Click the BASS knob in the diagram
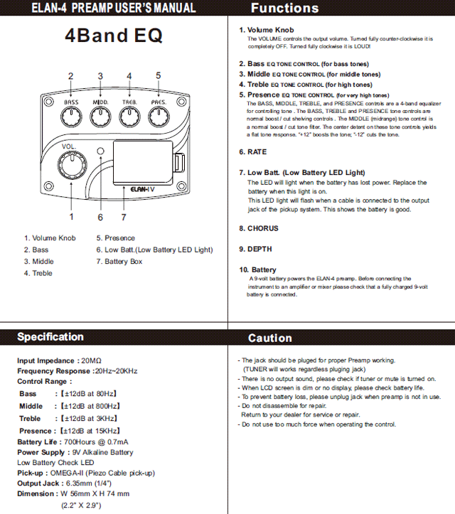pos(71,117)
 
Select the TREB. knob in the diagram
pos(129,117)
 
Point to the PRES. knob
pos(159,117)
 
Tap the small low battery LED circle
pos(101,153)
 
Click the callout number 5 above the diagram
pos(158,75)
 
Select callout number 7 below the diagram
pos(124,217)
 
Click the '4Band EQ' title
pos(114,36)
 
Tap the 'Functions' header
pos(284,9)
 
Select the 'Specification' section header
pos(50,337)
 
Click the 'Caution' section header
pos(270,338)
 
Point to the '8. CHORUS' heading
pos(259,228)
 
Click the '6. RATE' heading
pos(252,152)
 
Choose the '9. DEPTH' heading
pos(255,250)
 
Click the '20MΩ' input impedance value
pos(92,361)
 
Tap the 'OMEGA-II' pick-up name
pos(68,473)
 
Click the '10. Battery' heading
pos(258,270)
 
